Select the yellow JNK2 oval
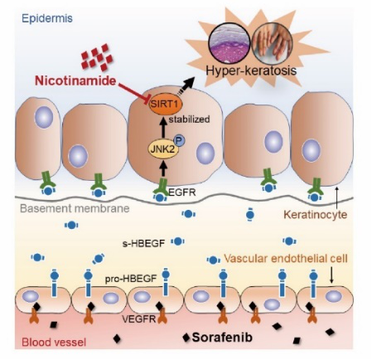pos(163,149)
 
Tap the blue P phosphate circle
pos(179,140)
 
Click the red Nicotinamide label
pos(75,80)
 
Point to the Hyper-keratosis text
pos(251,71)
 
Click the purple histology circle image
pos(229,43)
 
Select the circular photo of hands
pos(273,42)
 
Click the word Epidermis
pos(47,18)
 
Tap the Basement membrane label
pos(75,208)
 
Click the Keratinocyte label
pos(316,215)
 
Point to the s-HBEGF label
pos(143,243)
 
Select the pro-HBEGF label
pos(131,279)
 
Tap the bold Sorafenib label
pos(222,338)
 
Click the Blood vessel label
pos(54,343)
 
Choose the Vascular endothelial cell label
pos(286,259)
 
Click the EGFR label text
pos(181,192)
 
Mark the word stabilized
pos(189,119)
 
